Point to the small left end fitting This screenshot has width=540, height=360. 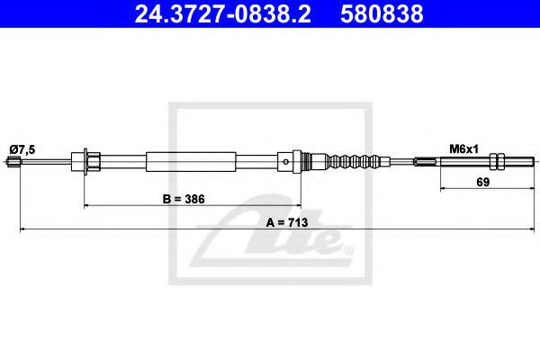point(13,163)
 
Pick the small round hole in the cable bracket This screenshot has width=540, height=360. point(285,163)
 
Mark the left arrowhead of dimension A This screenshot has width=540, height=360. point(21,231)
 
